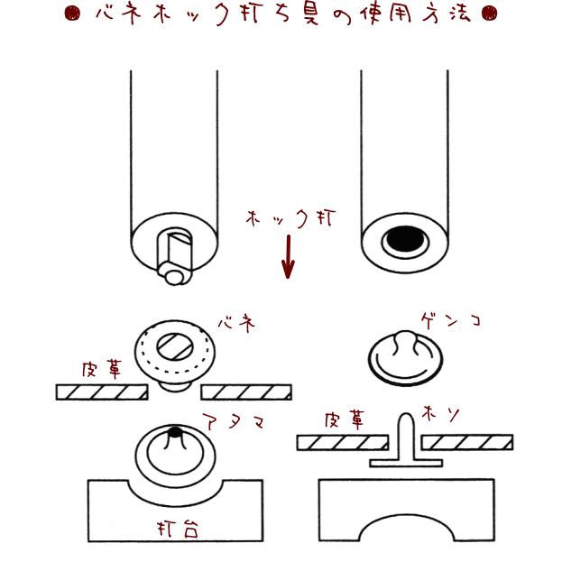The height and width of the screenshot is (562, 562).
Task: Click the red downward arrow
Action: click(x=288, y=257)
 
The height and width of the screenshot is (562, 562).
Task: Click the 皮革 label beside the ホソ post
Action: click(x=346, y=420)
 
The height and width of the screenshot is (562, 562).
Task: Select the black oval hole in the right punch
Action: click(x=403, y=242)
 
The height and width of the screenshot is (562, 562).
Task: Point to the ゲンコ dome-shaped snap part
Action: click(x=404, y=359)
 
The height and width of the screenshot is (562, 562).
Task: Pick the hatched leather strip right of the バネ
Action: click(x=245, y=392)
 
